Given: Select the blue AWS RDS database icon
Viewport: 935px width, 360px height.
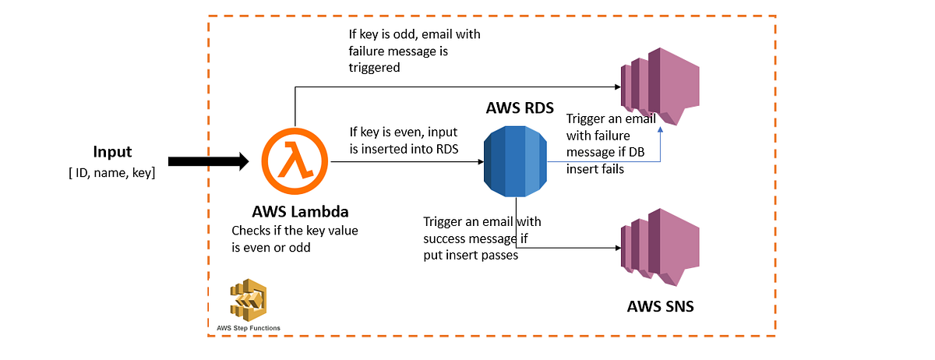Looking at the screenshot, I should pos(515,161).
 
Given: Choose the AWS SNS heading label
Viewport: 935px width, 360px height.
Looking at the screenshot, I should pos(660,306).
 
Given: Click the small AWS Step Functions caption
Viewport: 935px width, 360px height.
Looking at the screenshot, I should pos(249,328).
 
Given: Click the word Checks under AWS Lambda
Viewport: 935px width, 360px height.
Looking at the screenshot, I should pos(251,231).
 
